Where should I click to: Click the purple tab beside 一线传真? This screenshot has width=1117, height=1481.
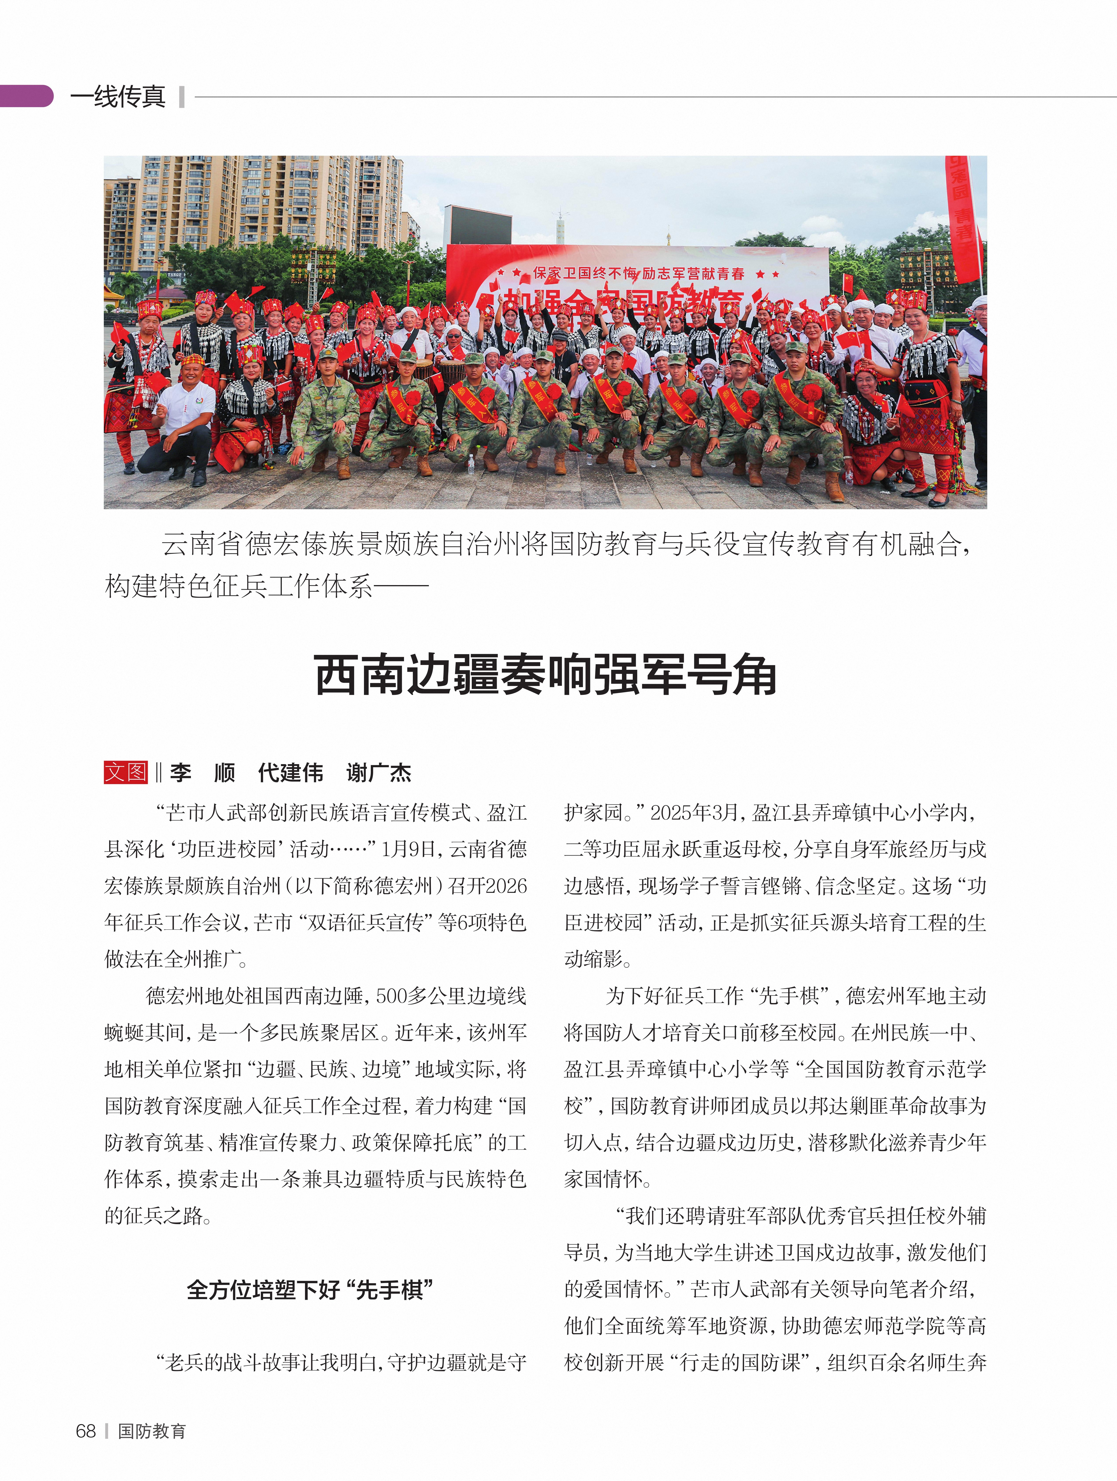pos(27,96)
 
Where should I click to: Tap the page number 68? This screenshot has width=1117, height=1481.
pos(86,1431)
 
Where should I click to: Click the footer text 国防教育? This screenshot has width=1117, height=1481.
pos(152,1431)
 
